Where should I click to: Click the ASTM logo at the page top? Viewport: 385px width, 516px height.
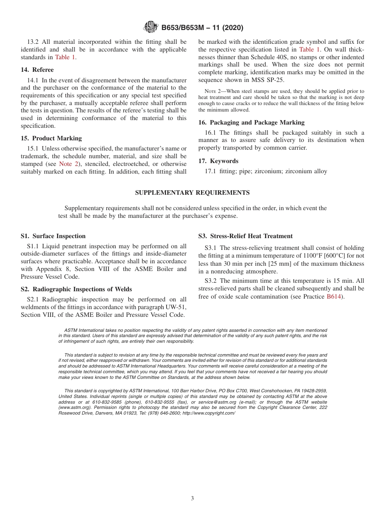point(150,27)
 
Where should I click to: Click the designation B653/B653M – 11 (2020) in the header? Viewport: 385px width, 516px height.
point(202,28)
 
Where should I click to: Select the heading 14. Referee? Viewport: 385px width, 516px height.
point(37,70)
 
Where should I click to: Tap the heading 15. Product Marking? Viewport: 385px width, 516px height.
point(51,138)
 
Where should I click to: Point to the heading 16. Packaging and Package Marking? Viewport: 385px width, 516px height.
point(251,123)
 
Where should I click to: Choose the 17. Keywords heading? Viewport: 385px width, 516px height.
point(218,161)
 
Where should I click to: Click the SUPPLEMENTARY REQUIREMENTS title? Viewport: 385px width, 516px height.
point(192,193)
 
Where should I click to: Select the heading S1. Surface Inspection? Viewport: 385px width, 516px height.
point(53,236)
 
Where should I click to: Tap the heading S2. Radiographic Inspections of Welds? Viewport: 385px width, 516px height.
point(76,289)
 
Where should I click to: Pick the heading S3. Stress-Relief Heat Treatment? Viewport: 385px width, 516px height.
point(245,236)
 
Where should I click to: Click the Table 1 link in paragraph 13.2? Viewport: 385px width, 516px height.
point(65,57)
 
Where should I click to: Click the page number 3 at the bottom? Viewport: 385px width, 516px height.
point(192,499)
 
